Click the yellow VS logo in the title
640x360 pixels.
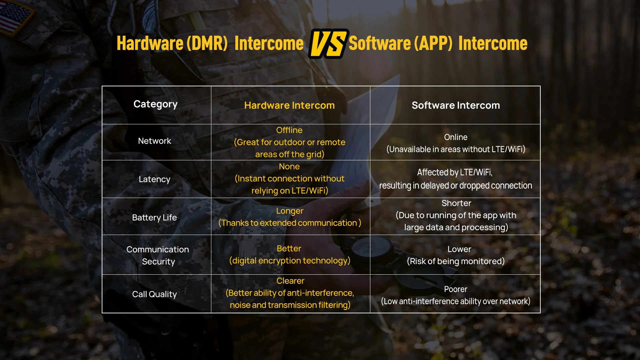point(329,44)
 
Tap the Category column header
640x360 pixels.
point(155,104)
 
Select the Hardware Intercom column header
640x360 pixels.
point(289,105)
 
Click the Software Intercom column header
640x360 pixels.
point(456,105)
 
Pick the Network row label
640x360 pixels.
point(154,141)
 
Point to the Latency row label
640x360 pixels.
point(154,179)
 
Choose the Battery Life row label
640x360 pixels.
point(154,218)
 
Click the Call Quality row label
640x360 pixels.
point(154,294)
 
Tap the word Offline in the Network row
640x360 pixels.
point(289,130)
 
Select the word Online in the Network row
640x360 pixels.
point(456,137)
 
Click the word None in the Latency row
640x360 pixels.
point(289,166)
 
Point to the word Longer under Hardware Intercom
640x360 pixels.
point(290,211)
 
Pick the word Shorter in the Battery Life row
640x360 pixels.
point(456,203)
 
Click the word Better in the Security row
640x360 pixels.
point(289,248)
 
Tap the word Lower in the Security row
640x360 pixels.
point(459,249)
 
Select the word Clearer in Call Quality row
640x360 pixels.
point(290,281)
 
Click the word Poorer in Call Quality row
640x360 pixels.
point(456,289)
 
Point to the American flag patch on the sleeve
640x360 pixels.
point(15,17)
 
